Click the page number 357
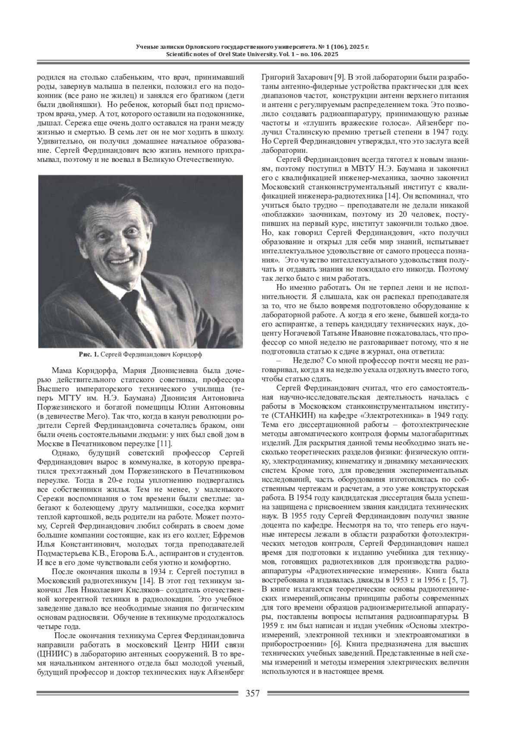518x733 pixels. click(253, 694)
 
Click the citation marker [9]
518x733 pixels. click(339, 78)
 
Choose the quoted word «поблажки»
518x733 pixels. click(279, 215)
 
